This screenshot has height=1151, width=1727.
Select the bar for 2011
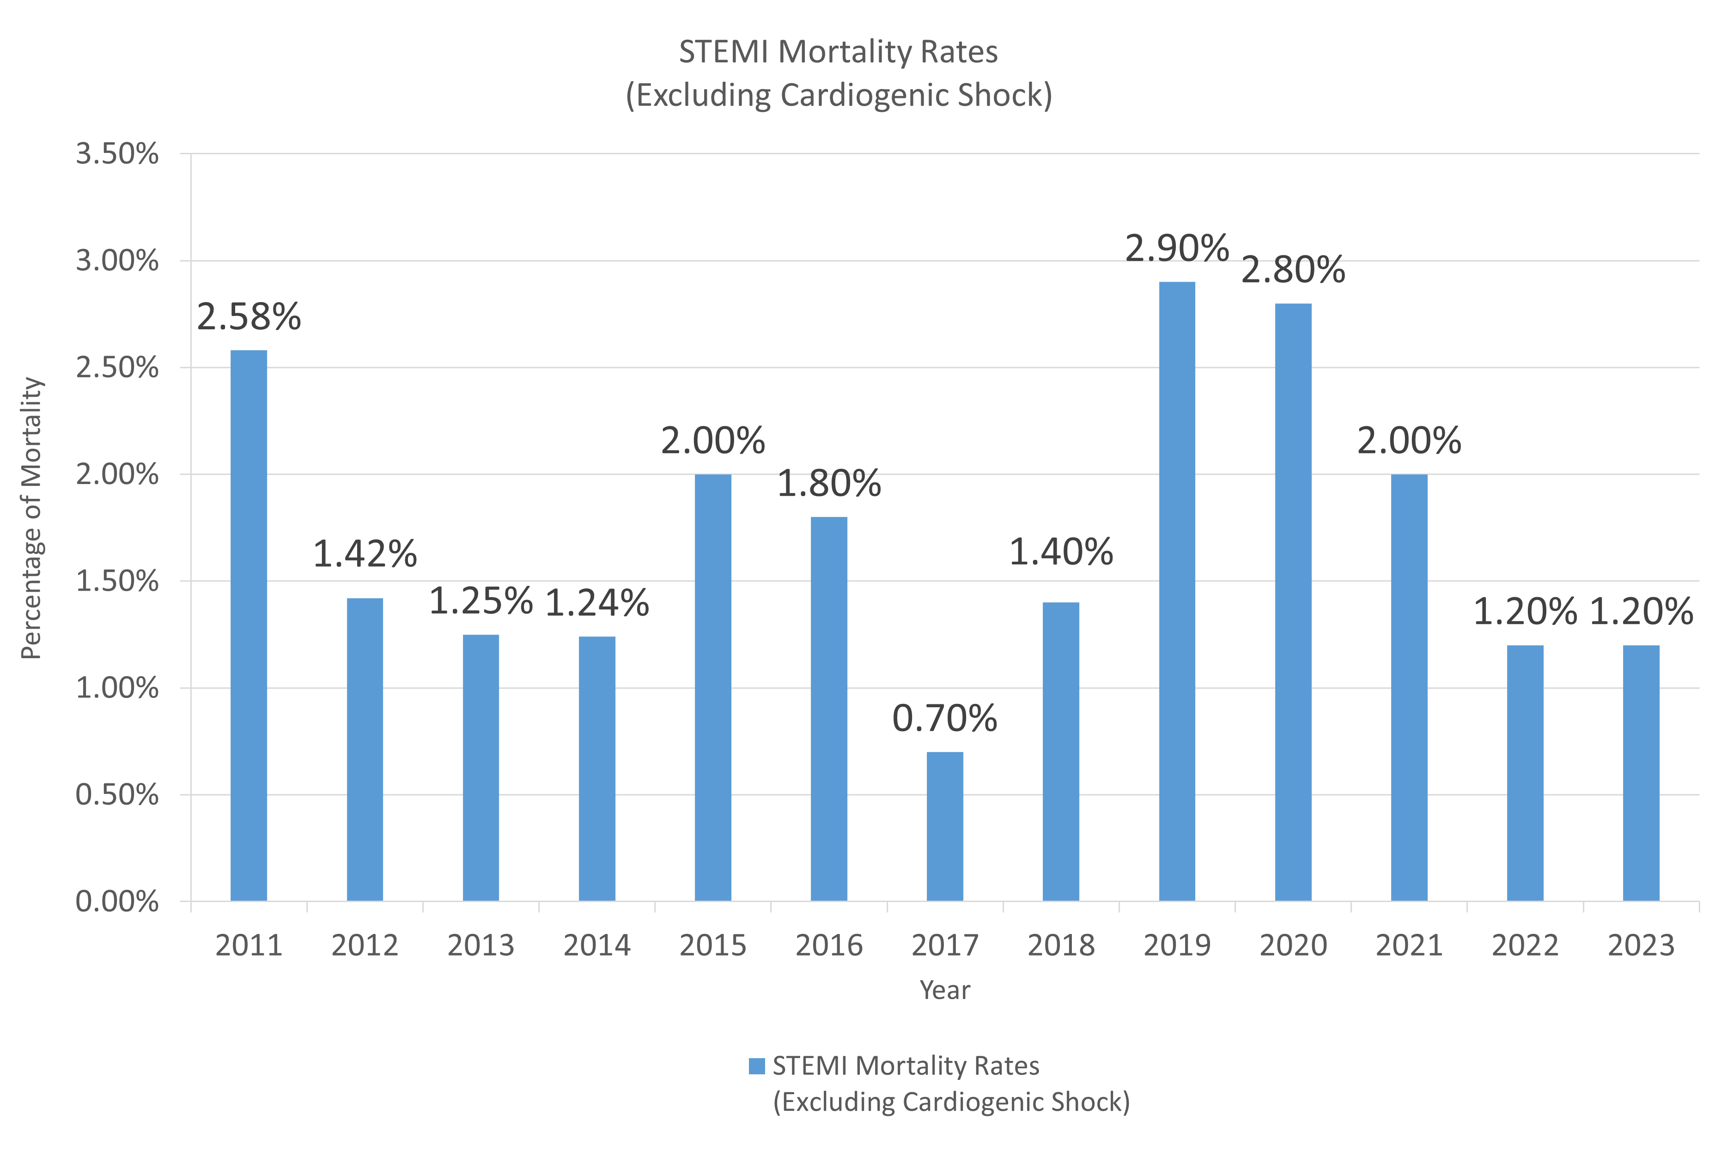(x=249, y=625)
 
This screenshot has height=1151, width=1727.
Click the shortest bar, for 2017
(x=945, y=827)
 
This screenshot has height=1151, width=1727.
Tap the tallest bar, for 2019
(x=1177, y=591)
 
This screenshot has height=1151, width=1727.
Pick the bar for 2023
(x=1641, y=773)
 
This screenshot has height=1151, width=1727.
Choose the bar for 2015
(x=713, y=687)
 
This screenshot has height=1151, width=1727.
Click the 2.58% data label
(x=249, y=317)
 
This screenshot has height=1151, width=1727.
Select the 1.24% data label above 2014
(x=597, y=603)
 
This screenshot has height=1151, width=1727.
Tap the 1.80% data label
(x=829, y=484)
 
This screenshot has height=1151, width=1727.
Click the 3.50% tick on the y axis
(x=117, y=154)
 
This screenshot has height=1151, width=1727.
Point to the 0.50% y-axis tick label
(x=117, y=795)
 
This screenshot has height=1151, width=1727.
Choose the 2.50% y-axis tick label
(x=117, y=368)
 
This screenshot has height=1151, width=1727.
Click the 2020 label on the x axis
(x=1293, y=945)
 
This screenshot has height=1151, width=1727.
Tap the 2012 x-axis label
(x=365, y=945)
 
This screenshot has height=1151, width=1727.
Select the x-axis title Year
(x=945, y=990)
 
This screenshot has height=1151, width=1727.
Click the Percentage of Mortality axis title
(x=31, y=518)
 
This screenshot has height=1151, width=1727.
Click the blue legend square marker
(x=756, y=1066)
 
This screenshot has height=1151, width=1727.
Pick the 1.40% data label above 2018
(x=1061, y=552)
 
